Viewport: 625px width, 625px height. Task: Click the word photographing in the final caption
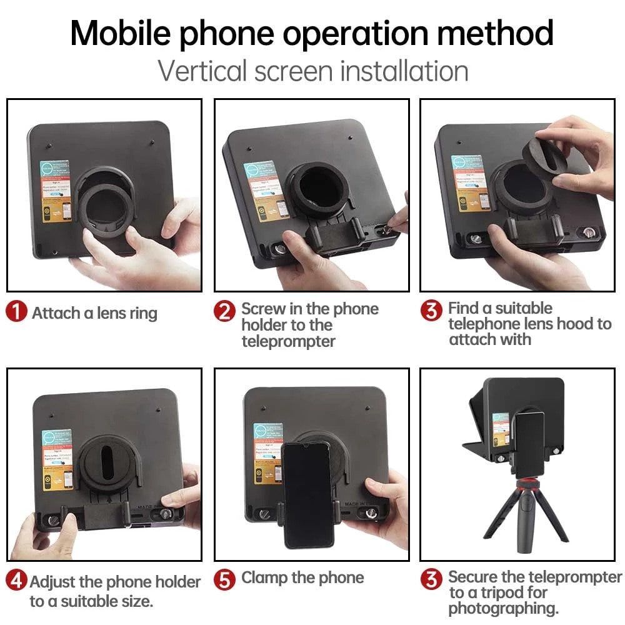[x=503, y=608]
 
